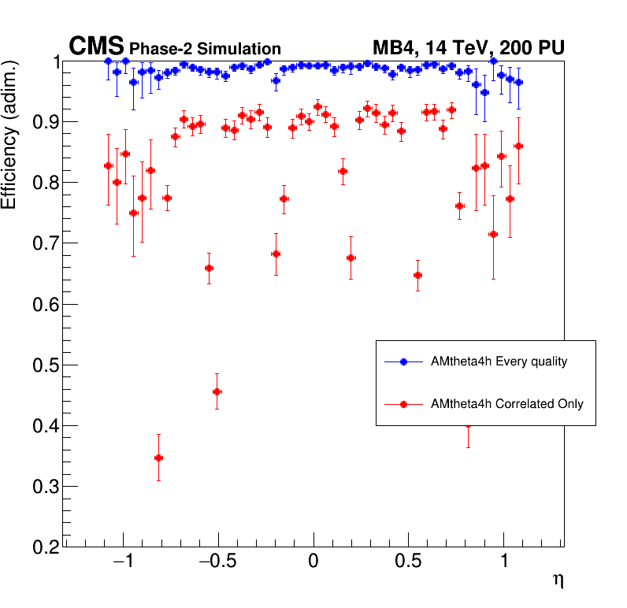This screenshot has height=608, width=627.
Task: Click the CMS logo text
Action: point(96,47)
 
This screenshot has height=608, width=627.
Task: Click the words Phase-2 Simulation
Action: point(205,49)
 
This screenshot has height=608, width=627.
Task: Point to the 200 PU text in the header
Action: point(530,48)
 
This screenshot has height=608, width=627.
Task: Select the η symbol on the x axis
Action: point(558,580)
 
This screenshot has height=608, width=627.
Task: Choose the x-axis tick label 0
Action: point(313,565)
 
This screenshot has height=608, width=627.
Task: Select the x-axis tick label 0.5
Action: point(409,565)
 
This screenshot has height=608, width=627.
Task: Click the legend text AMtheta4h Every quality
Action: point(499,361)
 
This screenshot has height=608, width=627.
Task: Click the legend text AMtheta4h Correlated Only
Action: point(507,404)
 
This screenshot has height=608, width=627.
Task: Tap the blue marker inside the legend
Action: point(403,361)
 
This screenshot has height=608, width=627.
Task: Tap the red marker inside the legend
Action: point(403,404)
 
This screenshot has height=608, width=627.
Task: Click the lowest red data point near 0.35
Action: point(158,458)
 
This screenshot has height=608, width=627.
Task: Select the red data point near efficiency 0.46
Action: point(217,391)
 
